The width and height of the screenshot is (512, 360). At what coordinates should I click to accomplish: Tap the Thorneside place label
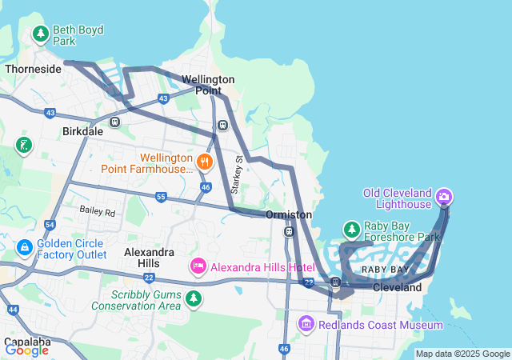click(33, 69)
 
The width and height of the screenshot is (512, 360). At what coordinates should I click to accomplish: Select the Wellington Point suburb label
click(208, 85)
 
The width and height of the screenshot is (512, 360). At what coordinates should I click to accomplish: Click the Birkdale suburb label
click(83, 130)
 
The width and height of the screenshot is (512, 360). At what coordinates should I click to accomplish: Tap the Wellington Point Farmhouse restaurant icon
click(206, 162)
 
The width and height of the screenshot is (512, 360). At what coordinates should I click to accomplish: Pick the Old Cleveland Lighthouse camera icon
click(446, 196)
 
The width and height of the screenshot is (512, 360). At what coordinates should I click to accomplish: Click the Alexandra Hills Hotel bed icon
click(198, 265)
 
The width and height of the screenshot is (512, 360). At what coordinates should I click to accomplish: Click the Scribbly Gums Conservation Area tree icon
click(193, 298)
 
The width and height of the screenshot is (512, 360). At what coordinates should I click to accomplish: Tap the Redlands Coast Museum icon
click(306, 324)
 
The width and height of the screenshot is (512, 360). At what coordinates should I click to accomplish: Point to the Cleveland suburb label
click(397, 286)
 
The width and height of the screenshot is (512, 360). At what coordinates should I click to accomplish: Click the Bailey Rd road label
click(97, 212)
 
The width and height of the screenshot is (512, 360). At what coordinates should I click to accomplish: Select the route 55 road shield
click(161, 197)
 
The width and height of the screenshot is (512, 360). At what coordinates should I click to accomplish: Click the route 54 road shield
click(50, 226)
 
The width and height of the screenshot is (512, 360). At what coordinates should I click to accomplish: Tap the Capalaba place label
click(26, 342)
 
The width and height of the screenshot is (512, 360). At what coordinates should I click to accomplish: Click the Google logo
click(26, 350)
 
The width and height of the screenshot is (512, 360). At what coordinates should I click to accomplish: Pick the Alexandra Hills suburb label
click(149, 257)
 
